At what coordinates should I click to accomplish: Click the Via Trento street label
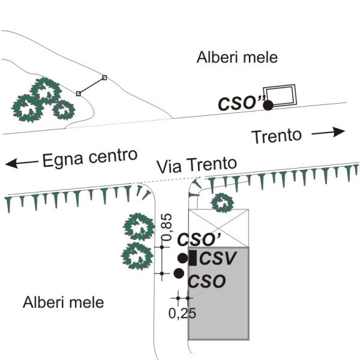click(196, 164)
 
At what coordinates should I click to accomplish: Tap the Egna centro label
click(86, 157)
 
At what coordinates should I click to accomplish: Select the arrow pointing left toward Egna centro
click(19, 162)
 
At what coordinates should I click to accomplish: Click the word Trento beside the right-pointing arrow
click(276, 135)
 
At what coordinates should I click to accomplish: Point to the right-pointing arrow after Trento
click(329, 131)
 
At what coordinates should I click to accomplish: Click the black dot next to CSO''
click(268, 105)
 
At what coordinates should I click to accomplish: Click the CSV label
click(218, 259)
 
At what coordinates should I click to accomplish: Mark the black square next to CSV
click(193, 259)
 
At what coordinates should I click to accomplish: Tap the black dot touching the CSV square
click(183, 259)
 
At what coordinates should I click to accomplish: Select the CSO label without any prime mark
click(207, 280)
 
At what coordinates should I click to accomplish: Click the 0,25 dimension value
click(182, 313)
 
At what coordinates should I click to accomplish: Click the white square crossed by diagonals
click(218, 228)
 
